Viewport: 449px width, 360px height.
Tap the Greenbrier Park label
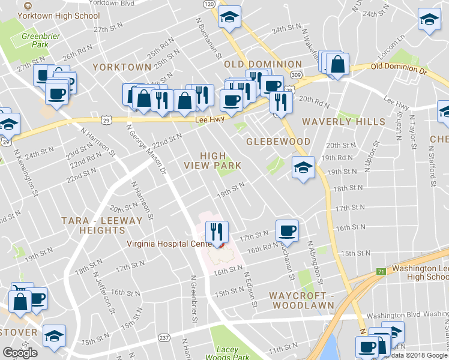35,40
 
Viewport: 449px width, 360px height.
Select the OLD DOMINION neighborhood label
263,64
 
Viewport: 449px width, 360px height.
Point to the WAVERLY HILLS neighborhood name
343,122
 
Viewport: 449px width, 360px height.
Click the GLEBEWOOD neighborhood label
279,142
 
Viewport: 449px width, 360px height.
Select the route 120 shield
208,4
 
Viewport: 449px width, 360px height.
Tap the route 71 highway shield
381,272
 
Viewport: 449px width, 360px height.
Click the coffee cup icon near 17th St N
287,230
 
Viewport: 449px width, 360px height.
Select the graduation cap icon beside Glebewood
303,167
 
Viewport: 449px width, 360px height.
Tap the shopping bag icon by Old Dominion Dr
338,64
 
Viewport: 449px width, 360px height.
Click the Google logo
20,353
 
